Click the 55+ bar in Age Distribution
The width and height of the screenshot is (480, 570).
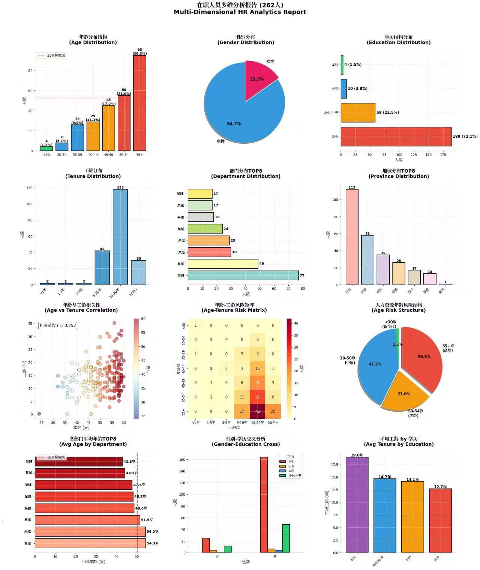click(139, 103)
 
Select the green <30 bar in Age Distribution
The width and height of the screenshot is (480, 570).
click(46, 149)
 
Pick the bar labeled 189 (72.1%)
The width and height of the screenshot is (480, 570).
click(396, 137)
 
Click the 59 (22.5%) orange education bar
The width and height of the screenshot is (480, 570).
click(358, 113)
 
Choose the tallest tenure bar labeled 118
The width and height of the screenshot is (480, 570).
click(120, 237)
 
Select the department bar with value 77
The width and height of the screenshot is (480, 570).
click(243, 275)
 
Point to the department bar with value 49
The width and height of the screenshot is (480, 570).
click(223, 264)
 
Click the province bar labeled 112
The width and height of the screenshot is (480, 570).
click(352, 237)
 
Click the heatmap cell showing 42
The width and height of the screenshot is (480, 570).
click(258, 411)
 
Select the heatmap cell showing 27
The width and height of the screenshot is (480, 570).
click(258, 397)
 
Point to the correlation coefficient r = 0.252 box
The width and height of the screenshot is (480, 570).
click(58, 325)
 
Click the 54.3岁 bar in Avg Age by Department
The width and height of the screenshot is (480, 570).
click(90, 543)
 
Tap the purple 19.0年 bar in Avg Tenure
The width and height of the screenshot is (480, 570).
click(357, 505)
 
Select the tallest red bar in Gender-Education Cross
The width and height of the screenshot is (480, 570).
click(264, 505)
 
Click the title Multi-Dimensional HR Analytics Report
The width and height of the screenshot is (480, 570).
click(240, 12)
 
